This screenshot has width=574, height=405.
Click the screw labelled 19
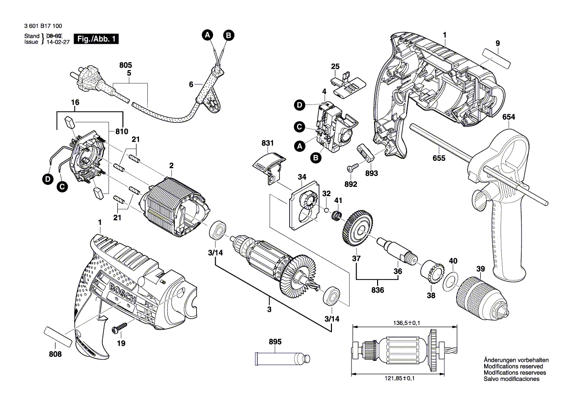[122, 326]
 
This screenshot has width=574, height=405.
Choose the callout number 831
[267, 143]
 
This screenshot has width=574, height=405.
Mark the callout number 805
[126, 65]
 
